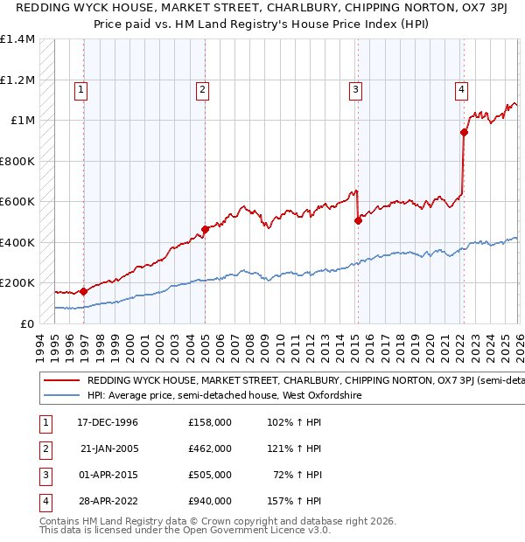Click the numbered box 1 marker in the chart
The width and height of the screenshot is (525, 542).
point(80,88)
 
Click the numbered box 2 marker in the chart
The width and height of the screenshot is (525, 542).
point(202,88)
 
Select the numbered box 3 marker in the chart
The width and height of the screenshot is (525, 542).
point(356,88)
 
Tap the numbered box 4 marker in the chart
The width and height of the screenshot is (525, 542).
point(461,88)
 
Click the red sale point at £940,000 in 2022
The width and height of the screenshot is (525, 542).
point(464,133)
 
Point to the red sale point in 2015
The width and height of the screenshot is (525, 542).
point(358,221)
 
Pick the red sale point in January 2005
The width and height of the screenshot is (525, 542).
point(205,230)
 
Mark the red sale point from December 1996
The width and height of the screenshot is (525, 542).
point(84,291)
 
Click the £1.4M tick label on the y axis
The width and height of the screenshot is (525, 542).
point(17,39)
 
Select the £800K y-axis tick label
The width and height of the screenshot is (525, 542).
point(17,161)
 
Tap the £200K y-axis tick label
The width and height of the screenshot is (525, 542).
point(17,283)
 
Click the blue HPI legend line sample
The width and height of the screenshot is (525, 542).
point(62,395)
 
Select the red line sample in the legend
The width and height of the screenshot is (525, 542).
point(62,380)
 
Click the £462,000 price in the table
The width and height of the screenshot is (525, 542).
point(210,448)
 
